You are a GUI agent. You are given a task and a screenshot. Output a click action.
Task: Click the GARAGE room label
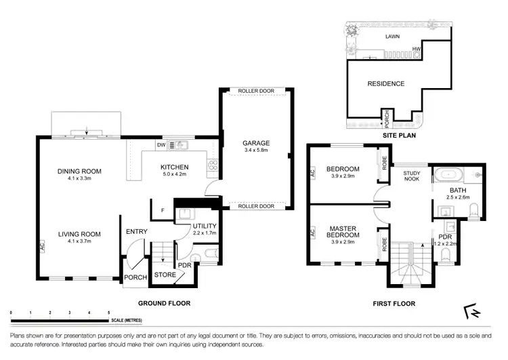(x=256, y=143)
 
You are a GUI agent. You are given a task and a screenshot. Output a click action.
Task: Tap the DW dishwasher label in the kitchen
(x=162, y=144)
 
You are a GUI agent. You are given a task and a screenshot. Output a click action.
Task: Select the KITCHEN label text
(x=174, y=167)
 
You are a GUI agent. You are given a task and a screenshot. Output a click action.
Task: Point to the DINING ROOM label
(x=79, y=171)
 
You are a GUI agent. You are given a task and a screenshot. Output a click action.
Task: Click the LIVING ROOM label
(x=79, y=234)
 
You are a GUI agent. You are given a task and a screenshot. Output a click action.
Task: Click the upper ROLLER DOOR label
(x=256, y=91)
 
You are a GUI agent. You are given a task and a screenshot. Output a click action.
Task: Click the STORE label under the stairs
(x=165, y=275)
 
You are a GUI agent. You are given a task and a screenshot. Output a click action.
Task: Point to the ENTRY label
(x=136, y=232)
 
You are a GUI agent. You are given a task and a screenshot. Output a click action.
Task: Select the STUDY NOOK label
(x=412, y=176)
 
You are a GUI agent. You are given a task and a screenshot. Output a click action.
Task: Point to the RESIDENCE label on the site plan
(x=385, y=83)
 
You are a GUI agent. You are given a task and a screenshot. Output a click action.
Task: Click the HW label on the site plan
(x=418, y=49)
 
